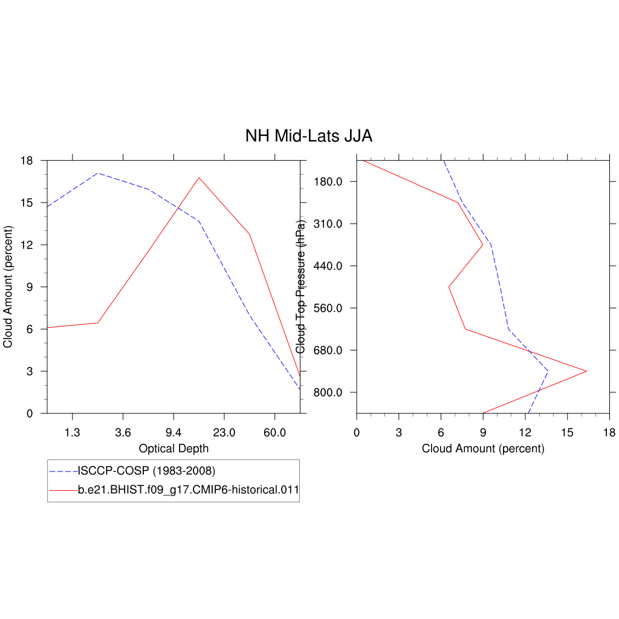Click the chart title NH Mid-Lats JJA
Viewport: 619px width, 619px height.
[308, 136]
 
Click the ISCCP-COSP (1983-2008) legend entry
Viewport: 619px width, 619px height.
[146, 470]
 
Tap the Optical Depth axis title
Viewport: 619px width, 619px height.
[173, 449]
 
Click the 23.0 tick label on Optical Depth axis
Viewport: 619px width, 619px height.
[224, 433]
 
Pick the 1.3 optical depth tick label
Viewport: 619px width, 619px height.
[73, 433]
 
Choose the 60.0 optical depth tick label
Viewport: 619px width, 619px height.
[274, 433]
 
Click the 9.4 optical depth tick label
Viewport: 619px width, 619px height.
[173, 433]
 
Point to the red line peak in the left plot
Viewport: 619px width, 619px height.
[199, 178]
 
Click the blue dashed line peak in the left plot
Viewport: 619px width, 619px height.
[98, 173]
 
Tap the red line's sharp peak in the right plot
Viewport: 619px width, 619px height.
[586, 371]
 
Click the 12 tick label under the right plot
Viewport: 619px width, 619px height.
[525, 433]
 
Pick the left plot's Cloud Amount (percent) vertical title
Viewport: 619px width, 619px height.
[8, 287]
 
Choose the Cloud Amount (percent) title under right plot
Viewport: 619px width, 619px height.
[483, 449]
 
